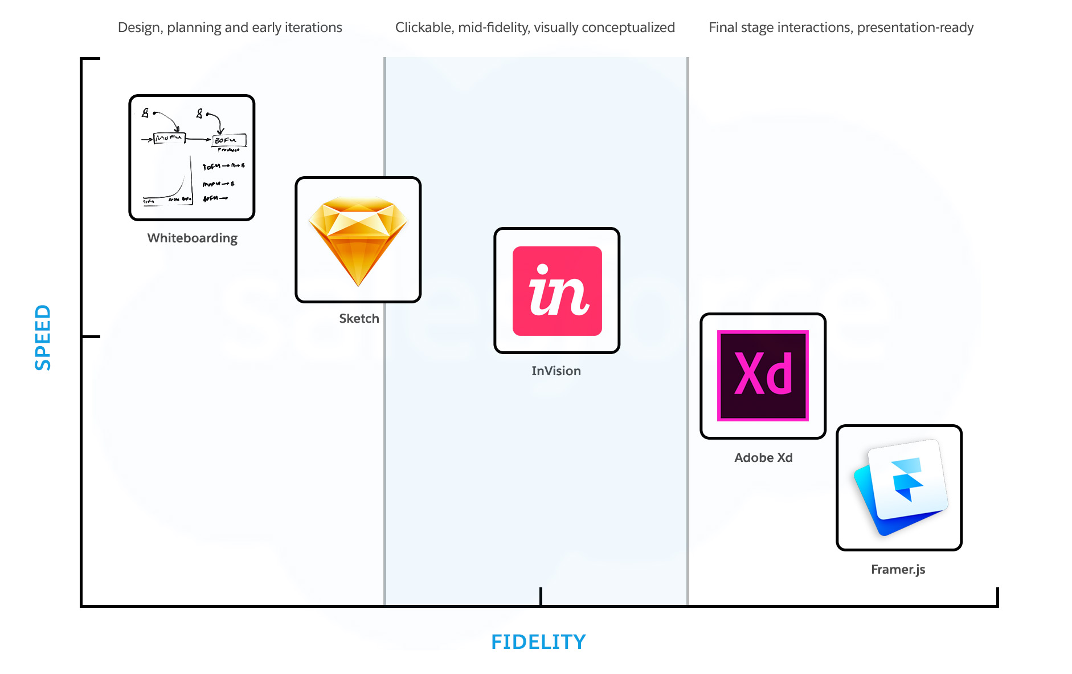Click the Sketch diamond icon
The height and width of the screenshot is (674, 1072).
click(358, 240)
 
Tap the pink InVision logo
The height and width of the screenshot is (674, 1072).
click(557, 291)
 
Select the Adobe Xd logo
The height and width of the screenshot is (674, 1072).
click(763, 376)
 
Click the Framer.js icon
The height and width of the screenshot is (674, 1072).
click(899, 488)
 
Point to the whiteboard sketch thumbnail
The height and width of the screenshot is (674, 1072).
click(192, 157)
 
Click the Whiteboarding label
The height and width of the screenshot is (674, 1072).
click(193, 238)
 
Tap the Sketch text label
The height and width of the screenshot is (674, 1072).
click(359, 319)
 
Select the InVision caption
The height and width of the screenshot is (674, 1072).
click(556, 371)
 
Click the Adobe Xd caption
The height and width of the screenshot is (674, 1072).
click(763, 458)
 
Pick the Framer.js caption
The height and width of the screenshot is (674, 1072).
click(898, 570)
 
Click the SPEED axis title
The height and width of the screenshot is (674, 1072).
click(43, 337)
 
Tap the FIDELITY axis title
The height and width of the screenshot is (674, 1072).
click(538, 642)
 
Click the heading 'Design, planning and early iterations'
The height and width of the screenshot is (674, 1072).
click(230, 27)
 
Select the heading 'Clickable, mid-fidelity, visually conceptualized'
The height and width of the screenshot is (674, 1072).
click(535, 27)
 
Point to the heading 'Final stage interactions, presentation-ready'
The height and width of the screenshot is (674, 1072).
click(841, 27)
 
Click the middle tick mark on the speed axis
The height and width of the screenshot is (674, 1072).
click(91, 337)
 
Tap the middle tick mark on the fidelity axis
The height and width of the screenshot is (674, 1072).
click(541, 596)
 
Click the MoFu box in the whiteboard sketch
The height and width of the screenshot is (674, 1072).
click(169, 138)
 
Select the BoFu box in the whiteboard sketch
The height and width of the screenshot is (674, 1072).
click(229, 140)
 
